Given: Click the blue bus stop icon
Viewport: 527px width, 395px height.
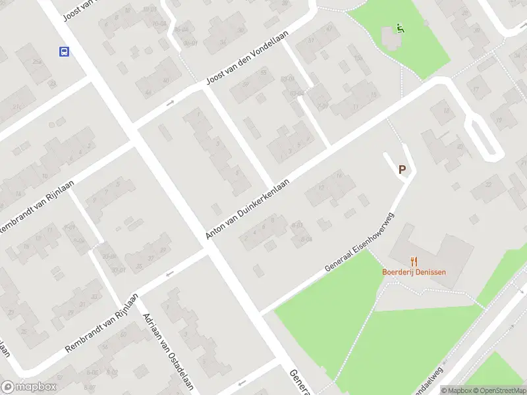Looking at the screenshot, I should click(x=64, y=51).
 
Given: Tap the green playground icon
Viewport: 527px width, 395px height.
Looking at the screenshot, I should click(x=400, y=28).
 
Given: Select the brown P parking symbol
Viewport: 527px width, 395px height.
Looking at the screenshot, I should click(x=402, y=169).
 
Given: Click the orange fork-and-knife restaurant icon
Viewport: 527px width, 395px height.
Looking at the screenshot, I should click(x=414, y=261).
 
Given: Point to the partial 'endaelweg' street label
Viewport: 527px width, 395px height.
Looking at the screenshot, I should click(x=431, y=377).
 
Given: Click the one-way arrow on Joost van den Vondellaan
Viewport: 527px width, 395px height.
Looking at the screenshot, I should click(x=169, y=103).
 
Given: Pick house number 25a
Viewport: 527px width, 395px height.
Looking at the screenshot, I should click(x=38, y=61).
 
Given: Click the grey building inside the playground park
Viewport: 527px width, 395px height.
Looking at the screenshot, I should click(x=389, y=39).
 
